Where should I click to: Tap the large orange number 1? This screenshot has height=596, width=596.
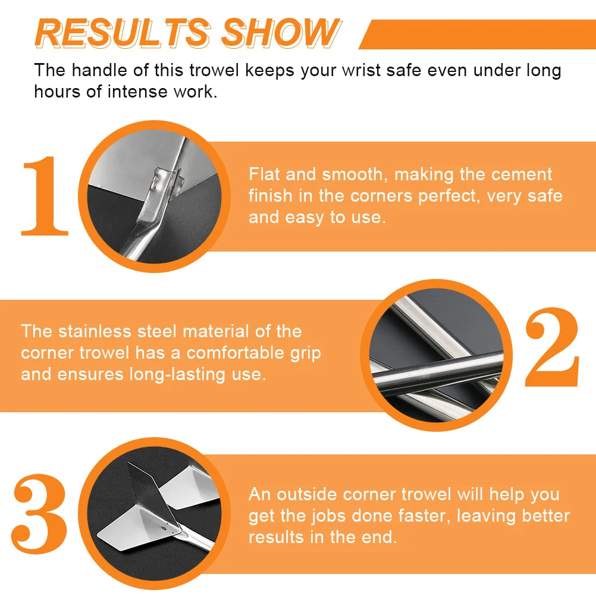click(45, 196)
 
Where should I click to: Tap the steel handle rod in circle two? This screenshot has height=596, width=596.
click(440, 369)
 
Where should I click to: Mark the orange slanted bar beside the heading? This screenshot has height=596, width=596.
click(476, 34)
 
